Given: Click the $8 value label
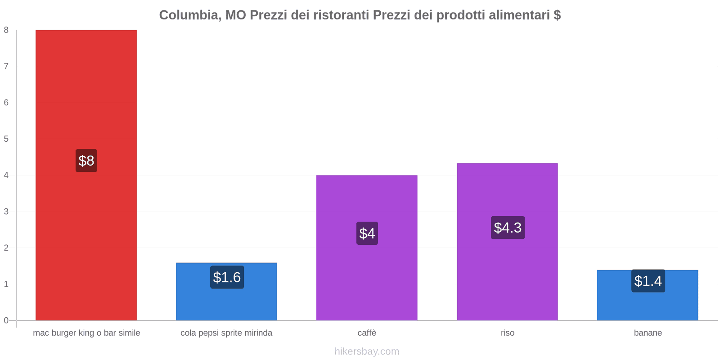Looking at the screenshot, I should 86,161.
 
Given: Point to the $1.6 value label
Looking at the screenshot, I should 227,277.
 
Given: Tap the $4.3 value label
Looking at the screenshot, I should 508,228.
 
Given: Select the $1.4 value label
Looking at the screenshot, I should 648,281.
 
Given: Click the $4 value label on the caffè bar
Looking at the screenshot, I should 367,234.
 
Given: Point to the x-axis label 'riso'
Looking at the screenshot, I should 507,333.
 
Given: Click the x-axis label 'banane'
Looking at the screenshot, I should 648,333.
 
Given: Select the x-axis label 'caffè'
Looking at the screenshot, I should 367,333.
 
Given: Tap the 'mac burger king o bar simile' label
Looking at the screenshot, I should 86,333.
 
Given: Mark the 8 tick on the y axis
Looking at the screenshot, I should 6,30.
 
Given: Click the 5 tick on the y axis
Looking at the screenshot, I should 6,139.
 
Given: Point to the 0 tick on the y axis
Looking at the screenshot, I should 6,320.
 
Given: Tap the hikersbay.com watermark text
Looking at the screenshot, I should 367,351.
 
